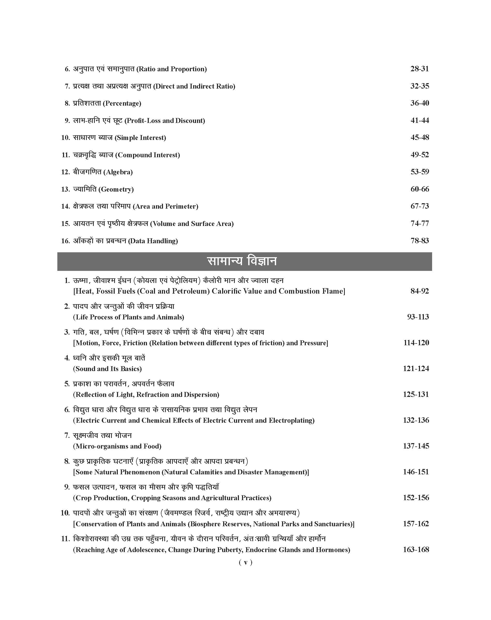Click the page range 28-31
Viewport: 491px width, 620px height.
[419, 69]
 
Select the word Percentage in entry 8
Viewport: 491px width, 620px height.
[122, 104]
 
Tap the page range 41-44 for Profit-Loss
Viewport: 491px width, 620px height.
[419, 120]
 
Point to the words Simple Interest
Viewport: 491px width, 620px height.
[140, 138]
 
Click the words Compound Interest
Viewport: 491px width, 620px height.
[147, 155]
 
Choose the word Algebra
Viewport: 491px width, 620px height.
[119, 172]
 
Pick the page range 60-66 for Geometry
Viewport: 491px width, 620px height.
[419, 189]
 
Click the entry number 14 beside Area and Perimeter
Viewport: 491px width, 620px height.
[65, 206]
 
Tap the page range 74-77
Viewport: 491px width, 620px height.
[419, 223]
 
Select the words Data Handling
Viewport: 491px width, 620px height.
[153, 241]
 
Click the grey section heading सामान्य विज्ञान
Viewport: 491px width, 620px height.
[242, 261]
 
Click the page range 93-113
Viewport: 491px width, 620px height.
[418, 317]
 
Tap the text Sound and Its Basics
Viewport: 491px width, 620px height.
[107, 369]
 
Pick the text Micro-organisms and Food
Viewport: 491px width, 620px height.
[117, 446]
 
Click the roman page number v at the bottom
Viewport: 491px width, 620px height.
[245, 562]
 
